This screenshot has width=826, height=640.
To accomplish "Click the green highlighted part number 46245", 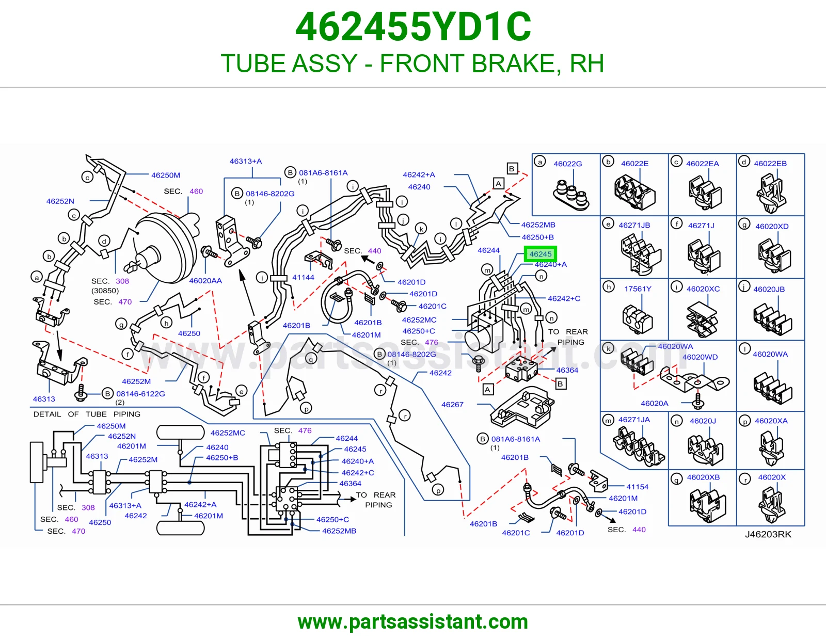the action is (540, 254).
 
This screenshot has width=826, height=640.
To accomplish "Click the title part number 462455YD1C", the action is (413, 27).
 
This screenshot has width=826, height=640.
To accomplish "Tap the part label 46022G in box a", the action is (567, 164).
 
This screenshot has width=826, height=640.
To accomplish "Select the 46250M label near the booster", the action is (166, 175).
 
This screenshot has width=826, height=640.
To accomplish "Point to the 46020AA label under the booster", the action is (205, 281).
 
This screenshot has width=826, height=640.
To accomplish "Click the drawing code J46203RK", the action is (768, 534).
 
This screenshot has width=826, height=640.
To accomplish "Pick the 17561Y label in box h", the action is (638, 289).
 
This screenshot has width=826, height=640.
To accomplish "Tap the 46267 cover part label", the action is (452, 404).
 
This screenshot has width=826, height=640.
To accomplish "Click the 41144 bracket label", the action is (303, 278).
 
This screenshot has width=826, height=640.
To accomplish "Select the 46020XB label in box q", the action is (703, 477).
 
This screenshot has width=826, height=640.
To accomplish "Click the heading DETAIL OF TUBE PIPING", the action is (87, 414).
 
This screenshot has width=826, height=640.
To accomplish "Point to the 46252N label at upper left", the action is (60, 201).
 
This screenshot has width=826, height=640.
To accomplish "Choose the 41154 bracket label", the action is (638, 487).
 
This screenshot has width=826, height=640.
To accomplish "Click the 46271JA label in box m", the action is (634, 420).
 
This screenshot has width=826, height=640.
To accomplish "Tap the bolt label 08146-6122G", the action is (140, 394).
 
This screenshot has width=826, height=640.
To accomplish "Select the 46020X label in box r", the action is (772, 477).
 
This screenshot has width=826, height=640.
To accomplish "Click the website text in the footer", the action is (413, 622).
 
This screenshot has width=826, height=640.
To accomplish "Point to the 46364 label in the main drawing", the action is (567, 370).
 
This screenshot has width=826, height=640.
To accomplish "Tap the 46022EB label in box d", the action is (770, 164).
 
